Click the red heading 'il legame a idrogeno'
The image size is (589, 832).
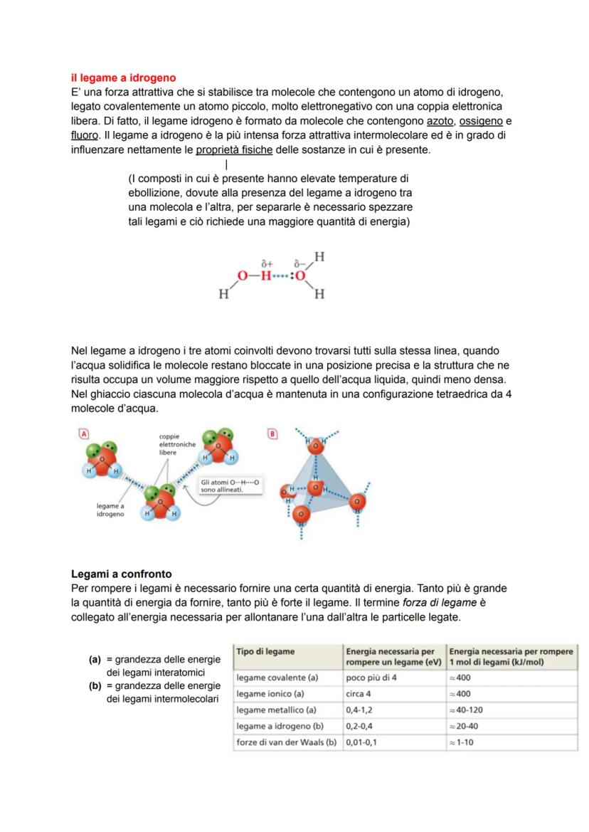(x=123, y=78)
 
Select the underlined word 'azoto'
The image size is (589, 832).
(x=440, y=121)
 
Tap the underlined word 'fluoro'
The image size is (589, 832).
(x=84, y=135)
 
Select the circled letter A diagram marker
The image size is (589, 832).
(x=83, y=433)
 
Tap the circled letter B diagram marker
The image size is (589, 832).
(x=271, y=433)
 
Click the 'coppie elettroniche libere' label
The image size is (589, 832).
(x=177, y=444)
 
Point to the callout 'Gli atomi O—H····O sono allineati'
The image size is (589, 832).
(x=230, y=486)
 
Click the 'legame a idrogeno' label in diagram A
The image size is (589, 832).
(x=110, y=510)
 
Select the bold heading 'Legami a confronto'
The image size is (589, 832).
(x=121, y=574)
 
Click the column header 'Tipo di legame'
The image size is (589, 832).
(x=265, y=651)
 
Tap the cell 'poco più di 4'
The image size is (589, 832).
(x=371, y=678)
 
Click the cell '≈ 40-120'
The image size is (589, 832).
(x=469, y=710)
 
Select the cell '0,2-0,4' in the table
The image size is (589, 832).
(x=361, y=727)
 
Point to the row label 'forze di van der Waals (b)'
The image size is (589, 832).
(x=286, y=742)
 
